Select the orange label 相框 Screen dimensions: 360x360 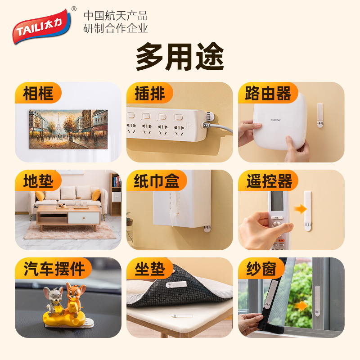(x=39, y=94)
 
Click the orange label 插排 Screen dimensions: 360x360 (x=150, y=94)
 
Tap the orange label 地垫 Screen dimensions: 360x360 (x=39, y=181)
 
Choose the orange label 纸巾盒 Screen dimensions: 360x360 (x=157, y=181)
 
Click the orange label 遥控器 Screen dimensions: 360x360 (x=269, y=181)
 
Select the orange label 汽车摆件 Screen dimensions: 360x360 (x=53, y=269)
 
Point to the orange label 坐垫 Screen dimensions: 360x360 (x=150, y=269)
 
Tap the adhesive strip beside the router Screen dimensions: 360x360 (x=320, y=115)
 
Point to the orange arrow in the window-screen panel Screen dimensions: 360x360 (x=301, y=306)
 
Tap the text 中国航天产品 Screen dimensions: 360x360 (x=116, y=16)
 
